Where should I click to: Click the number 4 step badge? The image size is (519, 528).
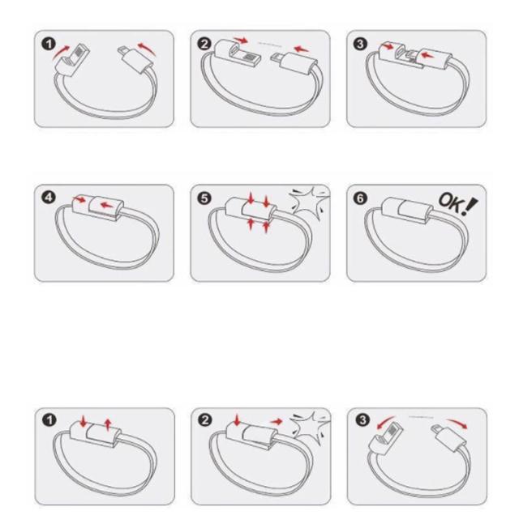49,198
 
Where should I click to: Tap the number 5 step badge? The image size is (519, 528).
204,198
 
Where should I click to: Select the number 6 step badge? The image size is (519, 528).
361,198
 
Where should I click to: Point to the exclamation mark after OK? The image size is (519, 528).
470,206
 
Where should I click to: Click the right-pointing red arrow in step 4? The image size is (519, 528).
80,199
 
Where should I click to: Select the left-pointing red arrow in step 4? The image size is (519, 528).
106,204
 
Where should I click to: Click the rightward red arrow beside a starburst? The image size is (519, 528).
277,421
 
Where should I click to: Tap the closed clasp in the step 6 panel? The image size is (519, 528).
408,210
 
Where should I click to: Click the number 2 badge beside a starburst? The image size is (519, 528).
205,420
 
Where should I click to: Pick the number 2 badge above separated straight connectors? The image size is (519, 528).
204,44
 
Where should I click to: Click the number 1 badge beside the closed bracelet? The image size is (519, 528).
49,420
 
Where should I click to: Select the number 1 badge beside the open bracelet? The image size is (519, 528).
49,44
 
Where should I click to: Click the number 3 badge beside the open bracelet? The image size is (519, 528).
362,420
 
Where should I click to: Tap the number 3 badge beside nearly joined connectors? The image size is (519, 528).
361,44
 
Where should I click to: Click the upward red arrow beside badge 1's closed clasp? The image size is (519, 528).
108,424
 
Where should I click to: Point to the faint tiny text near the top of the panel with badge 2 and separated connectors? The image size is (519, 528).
269,43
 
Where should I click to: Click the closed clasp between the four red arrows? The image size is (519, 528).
251,211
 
